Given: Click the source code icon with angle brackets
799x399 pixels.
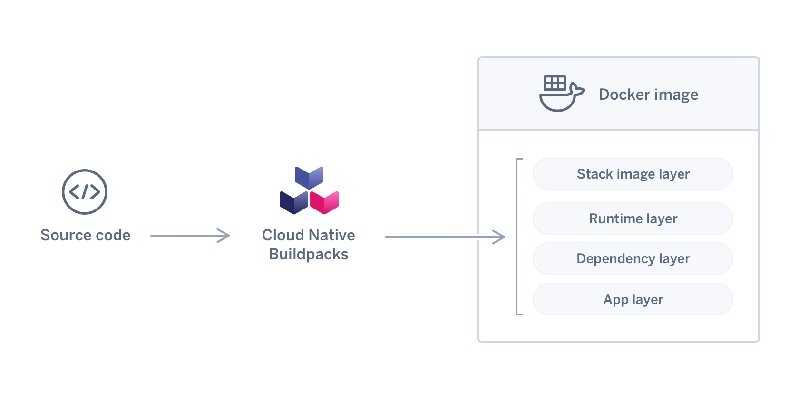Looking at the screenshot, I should tap(85, 192).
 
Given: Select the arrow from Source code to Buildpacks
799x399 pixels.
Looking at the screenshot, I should tap(190, 236).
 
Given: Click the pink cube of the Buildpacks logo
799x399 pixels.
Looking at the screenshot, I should tap(324, 202).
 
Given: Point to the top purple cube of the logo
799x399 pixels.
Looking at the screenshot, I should tap(309, 177).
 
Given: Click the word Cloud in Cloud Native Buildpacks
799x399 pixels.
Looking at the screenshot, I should tap(283, 235).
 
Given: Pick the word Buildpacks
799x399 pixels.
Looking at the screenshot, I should tap(309, 255).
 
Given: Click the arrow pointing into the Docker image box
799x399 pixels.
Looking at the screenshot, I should tap(445, 237).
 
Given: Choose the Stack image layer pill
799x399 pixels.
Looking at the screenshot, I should tap(633, 174).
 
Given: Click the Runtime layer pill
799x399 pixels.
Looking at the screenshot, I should tap(633, 218).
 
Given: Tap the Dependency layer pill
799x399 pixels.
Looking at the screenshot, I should tap(633, 258).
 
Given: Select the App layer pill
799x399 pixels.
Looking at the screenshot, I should tap(633, 299).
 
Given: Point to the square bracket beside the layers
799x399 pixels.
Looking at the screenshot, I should tap(517, 237).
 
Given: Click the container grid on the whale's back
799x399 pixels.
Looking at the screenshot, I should tap(555, 83).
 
